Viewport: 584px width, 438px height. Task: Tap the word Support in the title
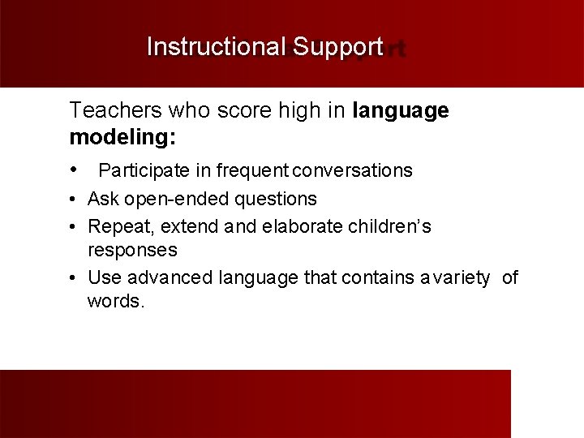(x=337, y=47)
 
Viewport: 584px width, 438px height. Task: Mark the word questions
(x=277, y=199)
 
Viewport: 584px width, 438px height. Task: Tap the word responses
(x=132, y=250)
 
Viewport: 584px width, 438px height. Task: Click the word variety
(x=460, y=278)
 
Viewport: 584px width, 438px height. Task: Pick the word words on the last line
(x=115, y=302)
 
